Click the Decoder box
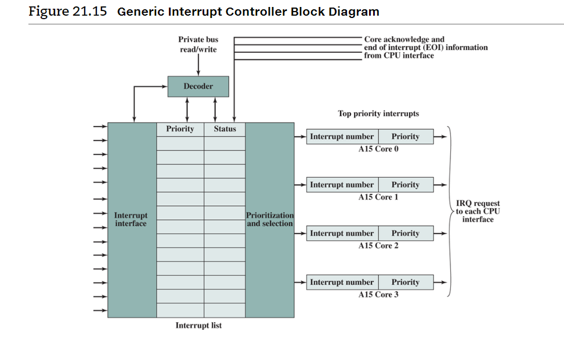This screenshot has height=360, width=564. [198, 87]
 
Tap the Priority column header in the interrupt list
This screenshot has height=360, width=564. [180, 129]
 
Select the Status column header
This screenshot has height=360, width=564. [225, 129]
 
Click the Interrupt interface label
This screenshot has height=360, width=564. [131, 219]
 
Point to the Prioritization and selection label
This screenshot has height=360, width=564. [270, 219]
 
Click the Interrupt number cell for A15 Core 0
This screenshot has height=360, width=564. [342, 136]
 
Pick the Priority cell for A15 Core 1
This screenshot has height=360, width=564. [405, 185]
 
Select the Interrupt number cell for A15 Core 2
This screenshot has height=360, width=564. [342, 233]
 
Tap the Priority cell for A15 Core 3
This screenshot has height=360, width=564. [405, 282]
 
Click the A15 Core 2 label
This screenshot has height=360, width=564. [378, 246]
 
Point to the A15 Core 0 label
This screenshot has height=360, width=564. [378, 149]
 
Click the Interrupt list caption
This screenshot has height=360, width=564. [198, 326]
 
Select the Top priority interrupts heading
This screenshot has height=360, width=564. [378, 114]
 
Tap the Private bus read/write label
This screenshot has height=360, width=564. [198, 45]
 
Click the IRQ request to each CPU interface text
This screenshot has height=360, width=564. [478, 211]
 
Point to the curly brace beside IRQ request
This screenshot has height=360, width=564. [451, 211]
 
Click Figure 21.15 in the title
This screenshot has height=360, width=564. [68, 12]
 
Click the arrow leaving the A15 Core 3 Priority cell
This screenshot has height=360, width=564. [440, 282]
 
